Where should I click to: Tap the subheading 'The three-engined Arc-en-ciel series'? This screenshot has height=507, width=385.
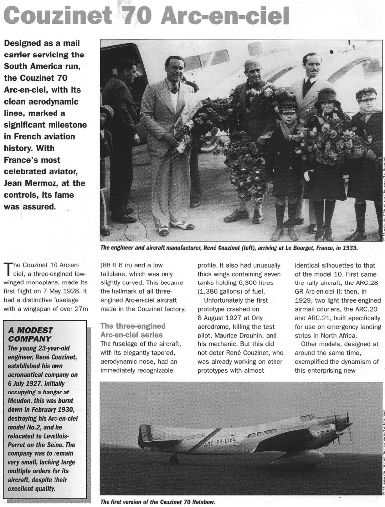[132, 330]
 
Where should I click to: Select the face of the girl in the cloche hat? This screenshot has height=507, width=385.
[328, 106]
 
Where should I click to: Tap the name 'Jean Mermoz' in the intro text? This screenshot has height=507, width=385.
[32, 183]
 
